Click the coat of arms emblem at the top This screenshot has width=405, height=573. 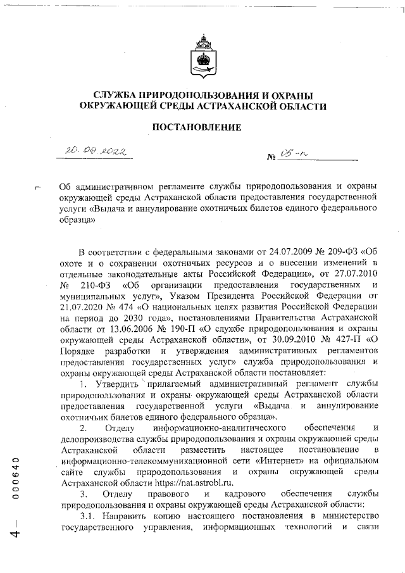click(202, 60)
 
